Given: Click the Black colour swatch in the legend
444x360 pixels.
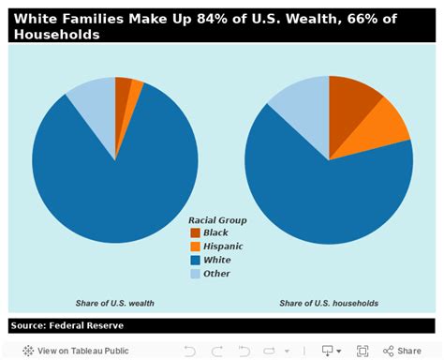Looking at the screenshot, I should click(195, 232).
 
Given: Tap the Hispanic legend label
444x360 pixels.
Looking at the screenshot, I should click(223, 246).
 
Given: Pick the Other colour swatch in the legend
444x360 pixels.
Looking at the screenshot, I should click(195, 274).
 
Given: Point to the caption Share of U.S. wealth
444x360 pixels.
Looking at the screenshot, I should click(115, 303).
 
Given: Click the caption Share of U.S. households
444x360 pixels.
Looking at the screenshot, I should click(327, 303).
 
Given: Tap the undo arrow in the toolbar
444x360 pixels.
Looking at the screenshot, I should click(189, 351).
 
